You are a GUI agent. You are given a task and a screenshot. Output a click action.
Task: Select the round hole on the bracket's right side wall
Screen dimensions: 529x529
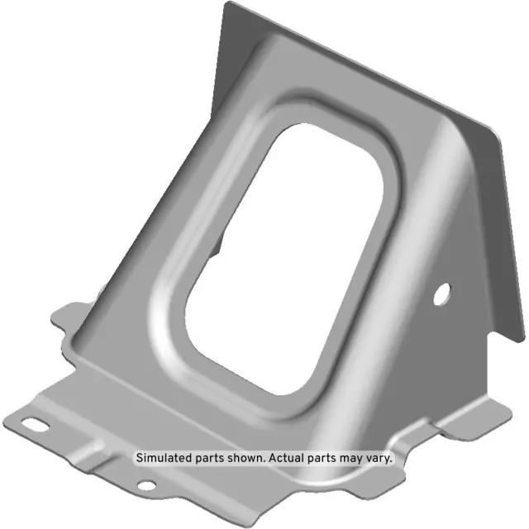(443, 291)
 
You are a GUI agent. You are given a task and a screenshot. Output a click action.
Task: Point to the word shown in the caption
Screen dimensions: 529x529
(244, 457)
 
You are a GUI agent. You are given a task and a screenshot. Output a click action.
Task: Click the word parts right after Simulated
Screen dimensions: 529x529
(210, 457)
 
